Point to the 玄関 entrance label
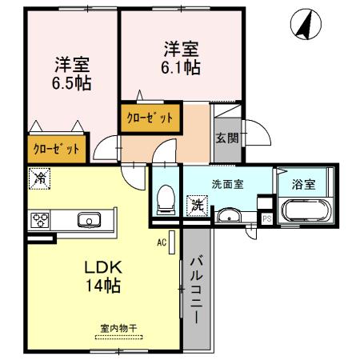click(226, 137)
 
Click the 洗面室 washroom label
click(227, 183)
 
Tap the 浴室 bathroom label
click(304, 183)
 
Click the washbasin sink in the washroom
click(228, 214)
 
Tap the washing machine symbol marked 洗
click(195, 204)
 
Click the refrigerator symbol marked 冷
click(38, 178)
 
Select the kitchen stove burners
click(41, 219)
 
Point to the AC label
click(161, 242)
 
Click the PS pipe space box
click(266, 217)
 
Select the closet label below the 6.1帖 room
click(149, 118)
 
